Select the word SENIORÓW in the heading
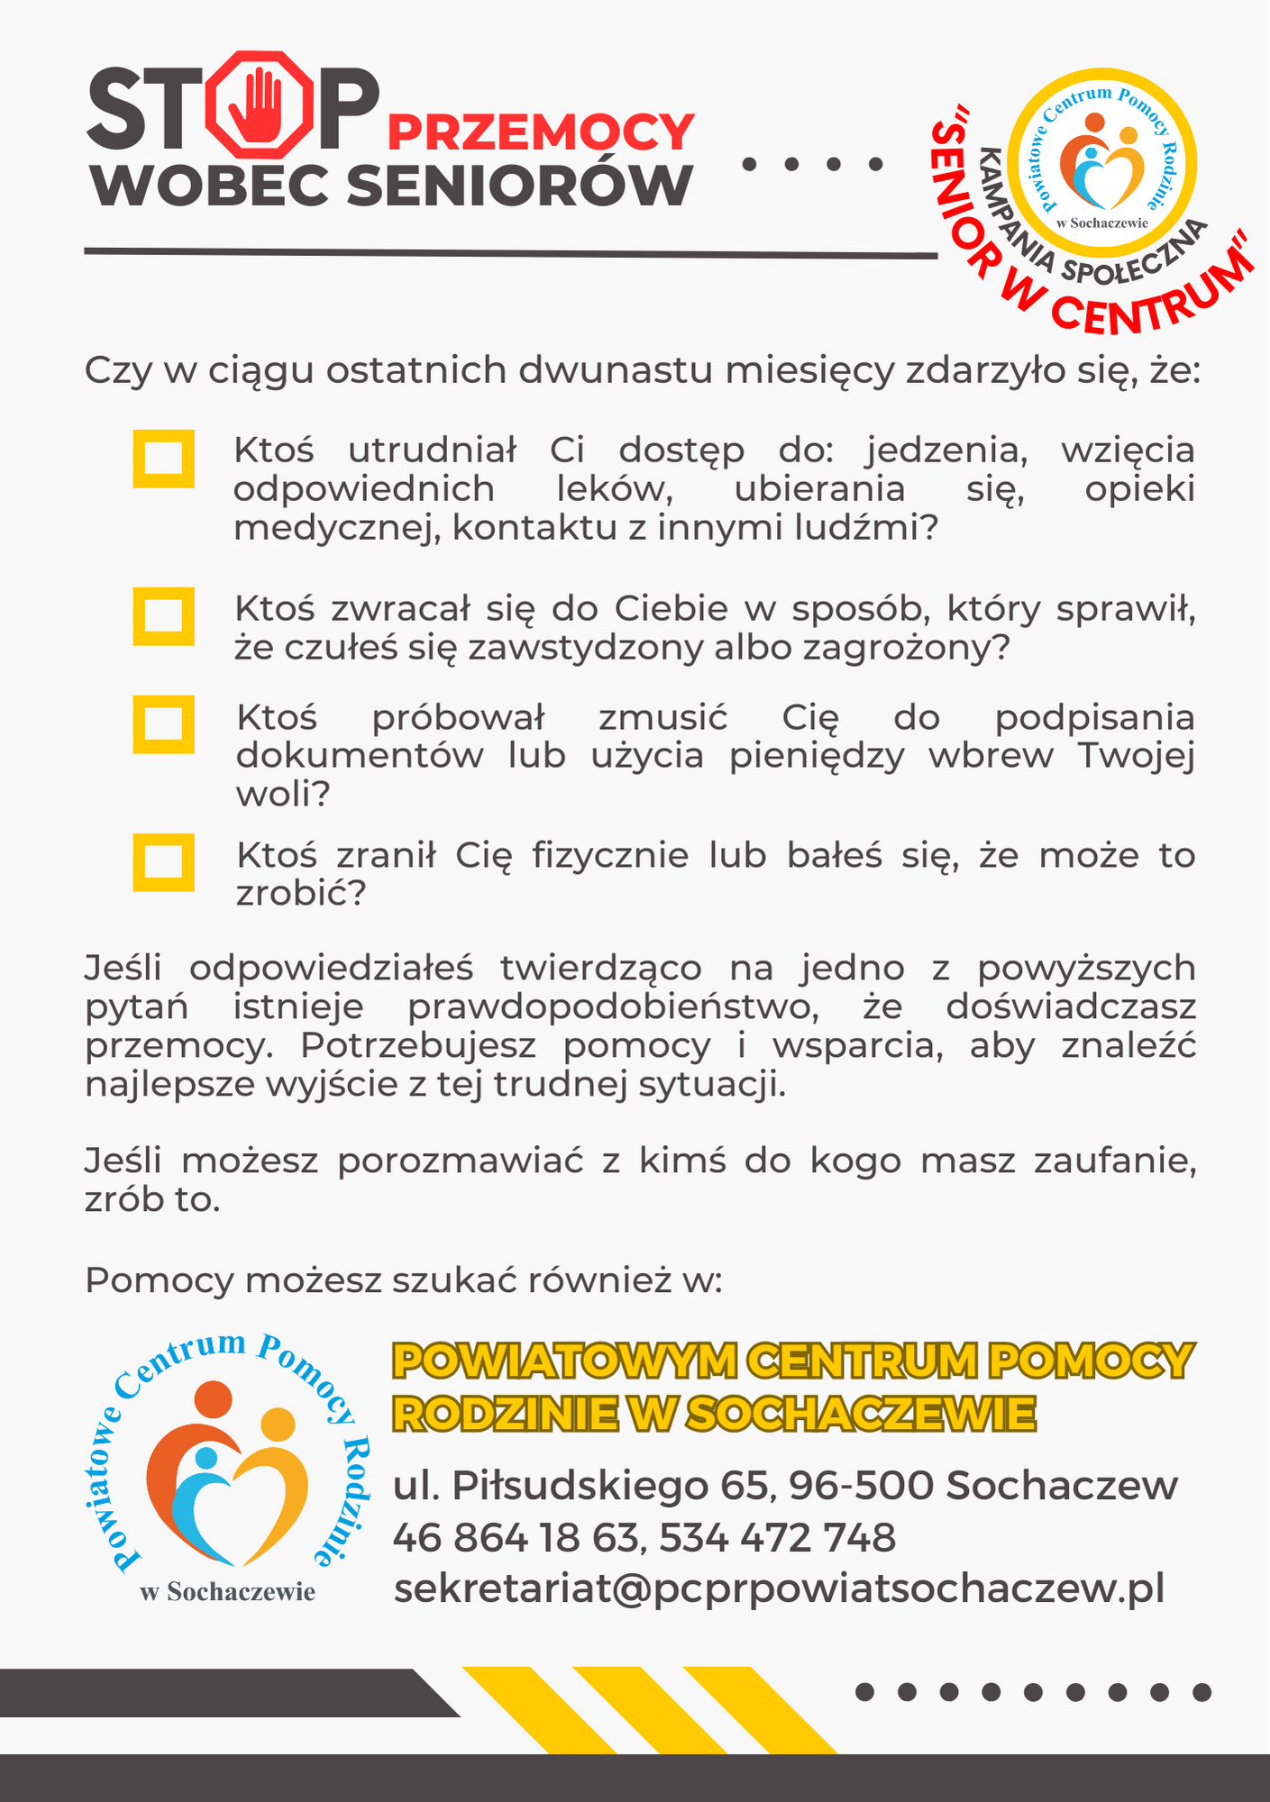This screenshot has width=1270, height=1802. tap(518, 186)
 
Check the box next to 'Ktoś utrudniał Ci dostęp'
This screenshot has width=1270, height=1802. tap(164, 459)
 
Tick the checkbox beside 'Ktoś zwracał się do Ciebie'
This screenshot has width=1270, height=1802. tap(164, 616)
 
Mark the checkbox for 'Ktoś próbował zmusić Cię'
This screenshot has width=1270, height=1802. tap(164, 724)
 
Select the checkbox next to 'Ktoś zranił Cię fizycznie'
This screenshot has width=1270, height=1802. tap(164, 862)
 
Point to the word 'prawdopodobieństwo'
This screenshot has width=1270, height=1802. tap(613, 1006)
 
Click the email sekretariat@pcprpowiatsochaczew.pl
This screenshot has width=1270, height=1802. tap(779, 1588)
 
